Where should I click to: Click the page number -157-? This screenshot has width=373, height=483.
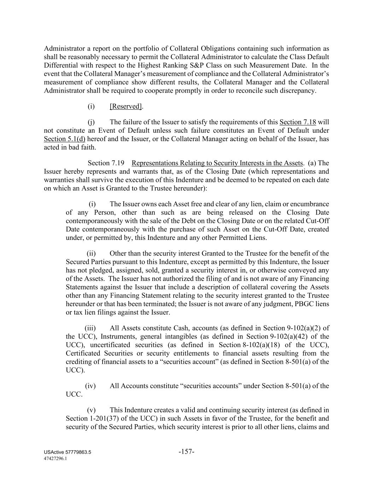[187, 452]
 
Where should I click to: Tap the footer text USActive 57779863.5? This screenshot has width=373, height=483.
[68, 453]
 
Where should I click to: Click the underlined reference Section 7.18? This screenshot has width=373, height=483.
[297, 122]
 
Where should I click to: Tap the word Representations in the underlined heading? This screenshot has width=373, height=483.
[155, 163]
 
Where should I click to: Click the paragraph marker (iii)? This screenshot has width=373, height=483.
[90, 328]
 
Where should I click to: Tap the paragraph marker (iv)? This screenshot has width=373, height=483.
[91, 386]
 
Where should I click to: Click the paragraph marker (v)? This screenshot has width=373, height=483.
[91, 410]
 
